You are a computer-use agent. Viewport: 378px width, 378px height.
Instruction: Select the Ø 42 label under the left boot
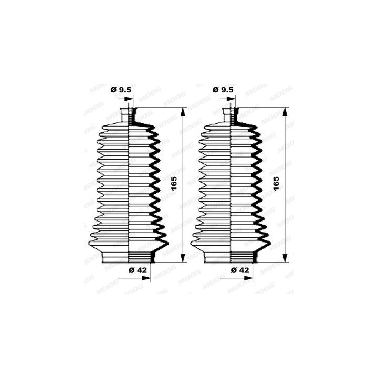click(x=138, y=270)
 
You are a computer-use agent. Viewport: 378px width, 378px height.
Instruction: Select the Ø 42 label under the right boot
click(x=239, y=270)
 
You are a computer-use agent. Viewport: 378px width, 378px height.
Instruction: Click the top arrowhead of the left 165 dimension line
click(x=183, y=111)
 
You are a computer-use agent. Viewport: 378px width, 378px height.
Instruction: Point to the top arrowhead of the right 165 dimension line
click(x=285, y=111)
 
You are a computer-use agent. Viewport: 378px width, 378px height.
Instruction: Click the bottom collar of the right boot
click(x=231, y=257)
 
